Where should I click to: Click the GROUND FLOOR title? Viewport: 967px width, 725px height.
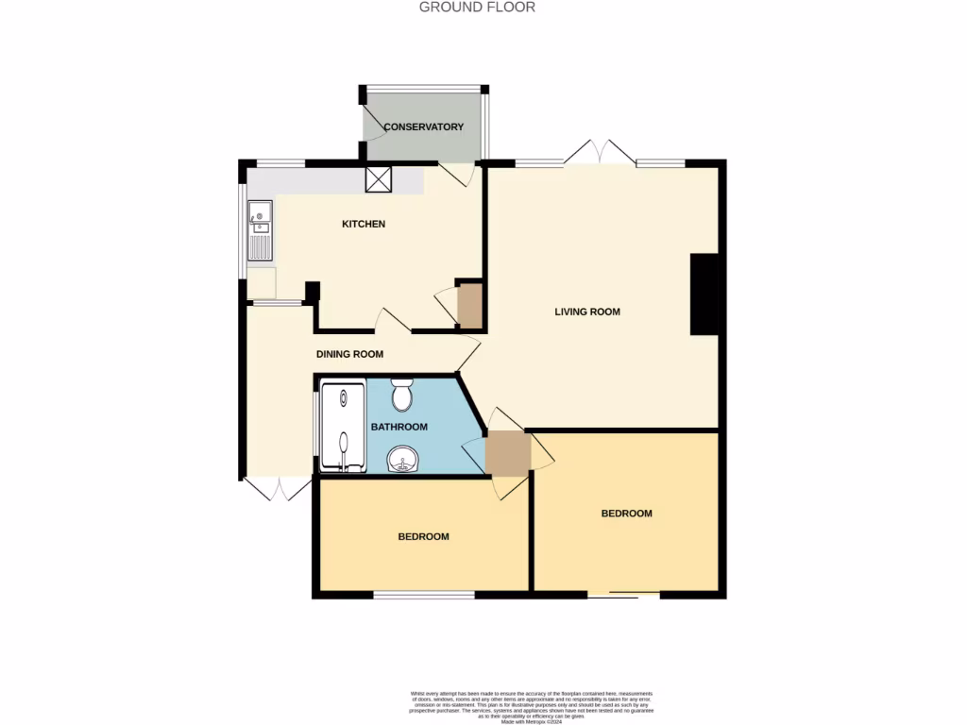477,8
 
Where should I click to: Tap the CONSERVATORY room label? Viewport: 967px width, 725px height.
423,126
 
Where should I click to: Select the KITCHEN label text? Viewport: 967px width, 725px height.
364,224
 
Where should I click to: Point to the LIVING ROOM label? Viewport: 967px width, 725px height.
587,312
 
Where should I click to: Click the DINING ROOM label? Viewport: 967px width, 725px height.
349,354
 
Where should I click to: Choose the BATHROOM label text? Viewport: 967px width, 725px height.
399,427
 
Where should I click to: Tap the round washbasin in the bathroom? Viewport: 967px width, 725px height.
404,460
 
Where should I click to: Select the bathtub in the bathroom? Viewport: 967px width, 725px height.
342,426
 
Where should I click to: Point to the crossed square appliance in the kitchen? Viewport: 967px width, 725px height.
378,179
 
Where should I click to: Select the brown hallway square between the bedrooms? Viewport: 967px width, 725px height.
507,453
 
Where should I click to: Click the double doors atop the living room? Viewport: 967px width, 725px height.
601,152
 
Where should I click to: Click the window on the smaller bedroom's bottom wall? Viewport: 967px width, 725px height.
424,595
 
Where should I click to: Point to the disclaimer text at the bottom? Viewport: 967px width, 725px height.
531,706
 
